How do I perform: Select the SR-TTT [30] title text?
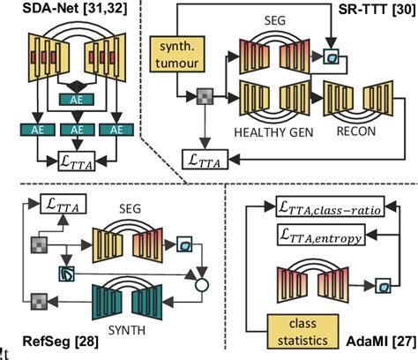(368, 12)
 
